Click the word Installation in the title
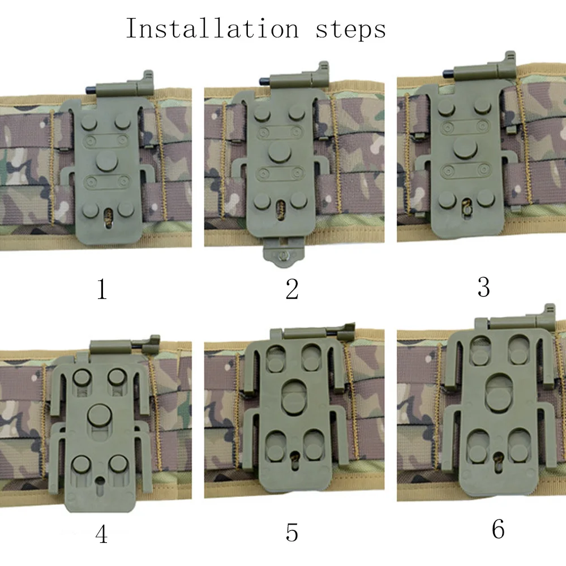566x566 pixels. pyautogui.click(x=212, y=28)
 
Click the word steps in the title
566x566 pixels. pyautogui.click(x=351, y=29)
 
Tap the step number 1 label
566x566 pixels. pyautogui.click(x=102, y=289)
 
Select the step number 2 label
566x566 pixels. pyautogui.click(x=291, y=289)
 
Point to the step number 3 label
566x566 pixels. pyautogui.click(x=483, y=287)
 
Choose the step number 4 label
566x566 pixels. pyautogui.click(x=101, y=534)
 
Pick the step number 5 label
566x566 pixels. pyautogui.click(x=291, y=532)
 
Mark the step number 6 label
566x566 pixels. pyautogui.click(x=498, y=530)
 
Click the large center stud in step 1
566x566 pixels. pyautogui.click(x=106, y=161)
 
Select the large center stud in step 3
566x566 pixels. pyautogui.click(x=466, y=148)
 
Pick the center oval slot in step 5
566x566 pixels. pyautogui.click(x=294, y=397)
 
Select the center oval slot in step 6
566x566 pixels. pyautogui.click(x=499, y=393)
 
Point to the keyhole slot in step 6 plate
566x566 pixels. pyautogui.click(x=499, y=461)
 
